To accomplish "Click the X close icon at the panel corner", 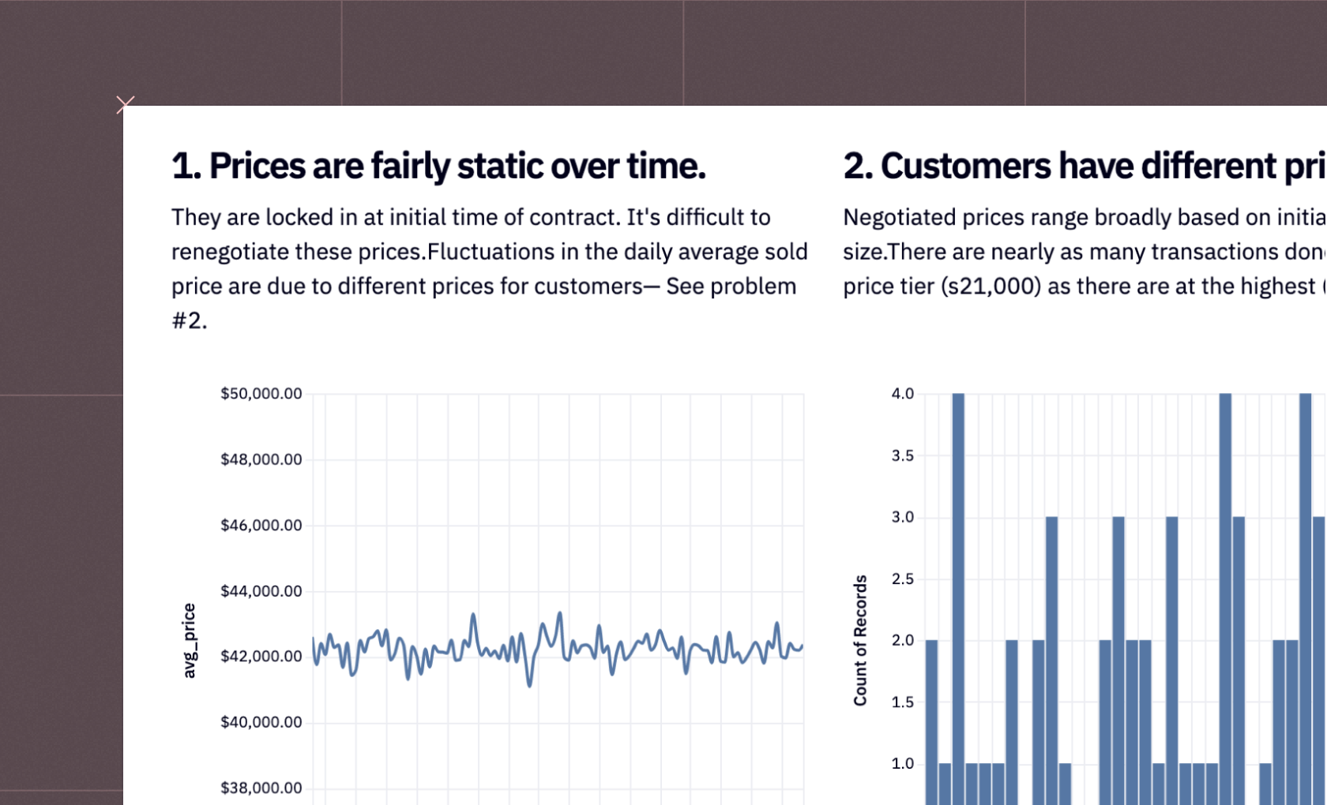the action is pyautogui.click(x=125, y=104).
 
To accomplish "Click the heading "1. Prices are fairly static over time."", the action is pyautogui.click(x=438, y=166).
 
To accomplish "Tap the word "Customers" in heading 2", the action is pyautogui.click(x=965, y=166).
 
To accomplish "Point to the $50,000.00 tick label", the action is pyautogui.click(x=261, y=394).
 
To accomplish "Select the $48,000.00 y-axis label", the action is pyautogui.click(x=261, y=459).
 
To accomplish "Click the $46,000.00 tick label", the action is pyautogui.click(x=261, y=525).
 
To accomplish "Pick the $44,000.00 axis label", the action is pyautogui.click(x=261, y=590).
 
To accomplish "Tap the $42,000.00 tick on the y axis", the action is pyautogui.click(x=261, y=656).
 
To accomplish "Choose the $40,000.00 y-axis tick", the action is pyautogui.click(x=261, y=722).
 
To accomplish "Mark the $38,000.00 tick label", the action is pyautogui.click(x=261, y=788).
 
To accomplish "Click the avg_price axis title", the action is pyautogui.click(x=189, y=641).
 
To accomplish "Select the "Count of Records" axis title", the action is pyautogui.click(x=860, y=641).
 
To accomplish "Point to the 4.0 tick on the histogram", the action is pyautogui.click(x=902, y=394).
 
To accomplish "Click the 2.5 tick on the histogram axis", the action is pyautogui.click(x=902, y=579).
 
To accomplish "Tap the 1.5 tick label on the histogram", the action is pyautogui.click(x=902, y=702).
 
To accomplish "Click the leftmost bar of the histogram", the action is pyautogui.click(x=932, y=722).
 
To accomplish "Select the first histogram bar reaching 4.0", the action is pyautogui.click(x=959, y=599).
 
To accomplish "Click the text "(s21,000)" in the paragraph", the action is pyautogui.click(x=991, y=286).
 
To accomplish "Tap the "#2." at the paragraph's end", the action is pyautogui.click(x=190, y=320).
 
